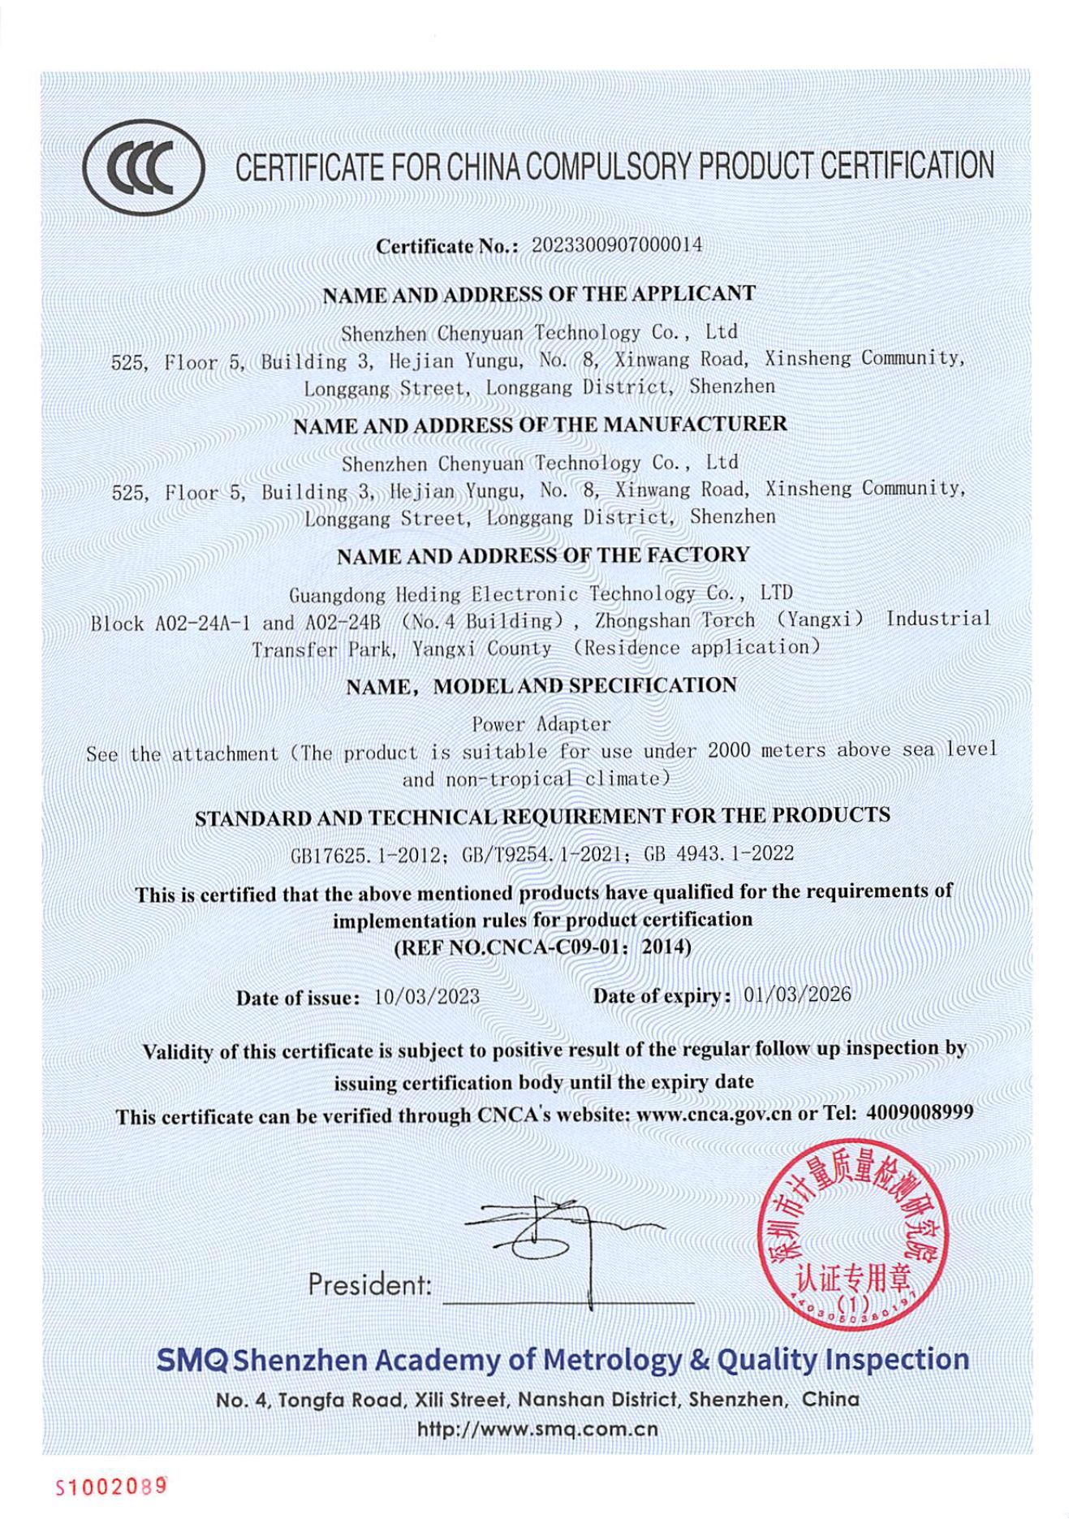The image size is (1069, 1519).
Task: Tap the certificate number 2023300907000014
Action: click(616, 245)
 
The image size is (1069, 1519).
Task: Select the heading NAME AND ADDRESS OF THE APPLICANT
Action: click(539, 295)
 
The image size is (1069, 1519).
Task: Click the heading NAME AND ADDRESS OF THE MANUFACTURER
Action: click(540, 425)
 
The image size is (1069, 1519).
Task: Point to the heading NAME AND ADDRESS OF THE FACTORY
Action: click(543, 556)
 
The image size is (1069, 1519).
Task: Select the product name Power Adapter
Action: click(541, 723)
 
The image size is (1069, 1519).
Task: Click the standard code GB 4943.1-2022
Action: click(718, 853)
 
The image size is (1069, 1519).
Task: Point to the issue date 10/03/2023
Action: click(426, 997)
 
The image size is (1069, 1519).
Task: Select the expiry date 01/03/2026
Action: click(797, 995)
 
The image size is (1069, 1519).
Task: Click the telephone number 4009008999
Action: click(919, 1112)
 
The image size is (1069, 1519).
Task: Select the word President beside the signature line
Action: click(369, 1285)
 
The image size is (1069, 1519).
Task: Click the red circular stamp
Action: click(851, 1246)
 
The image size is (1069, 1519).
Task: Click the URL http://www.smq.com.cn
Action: click(537, 1429)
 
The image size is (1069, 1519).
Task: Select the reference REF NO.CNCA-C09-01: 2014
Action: click(542, 947)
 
